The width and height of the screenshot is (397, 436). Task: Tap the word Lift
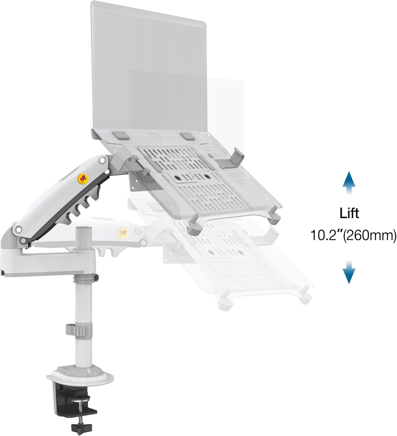(x=349, y=213)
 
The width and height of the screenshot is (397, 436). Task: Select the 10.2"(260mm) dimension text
(x=353, y=235)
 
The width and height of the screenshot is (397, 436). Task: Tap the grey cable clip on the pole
(x=75, y=330)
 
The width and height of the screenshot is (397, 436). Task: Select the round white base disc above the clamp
(x=76, y=375)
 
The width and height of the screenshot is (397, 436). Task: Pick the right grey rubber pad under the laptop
(x=187, y=136)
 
